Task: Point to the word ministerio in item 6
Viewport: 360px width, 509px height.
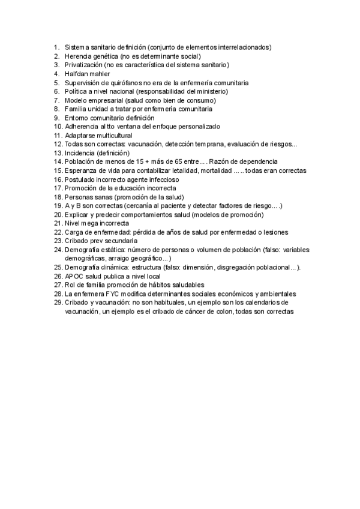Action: (211, 91)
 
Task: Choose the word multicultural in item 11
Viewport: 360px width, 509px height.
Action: (115, 136)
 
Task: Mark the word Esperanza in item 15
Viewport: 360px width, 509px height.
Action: (82, 170)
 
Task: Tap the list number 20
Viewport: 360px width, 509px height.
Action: (58, 215)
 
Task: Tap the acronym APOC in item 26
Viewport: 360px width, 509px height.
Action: (75, 276)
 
